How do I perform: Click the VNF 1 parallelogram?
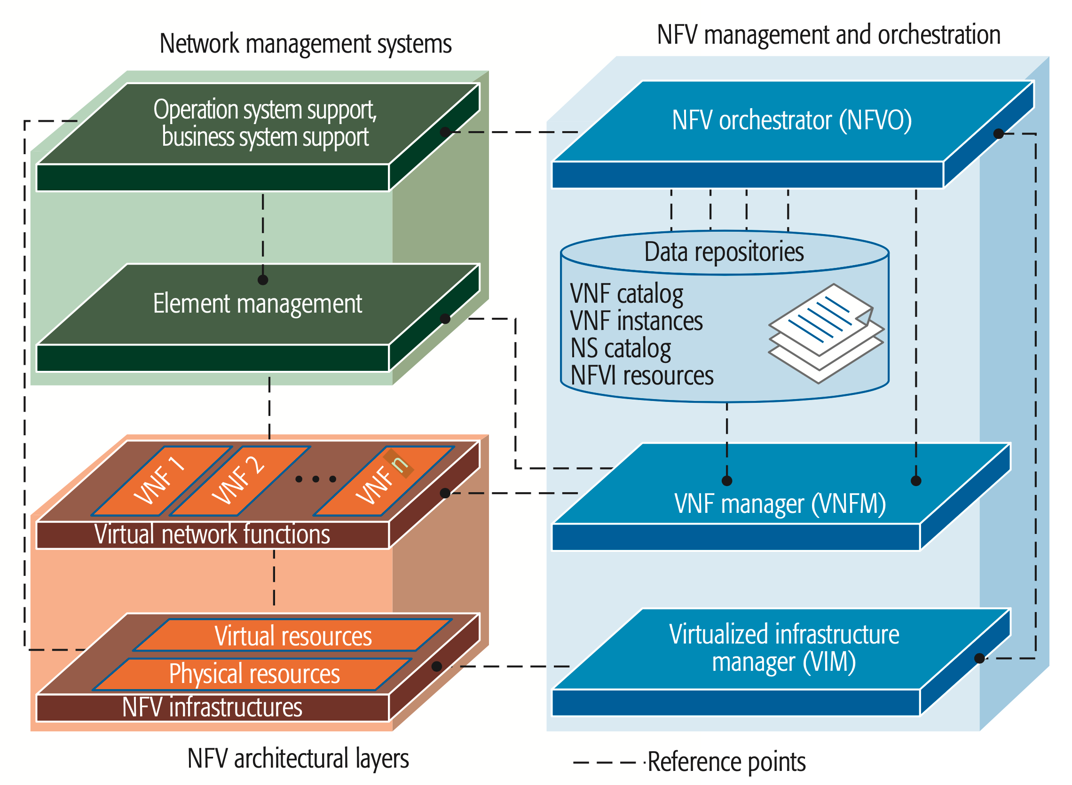161,481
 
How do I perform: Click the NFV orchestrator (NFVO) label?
792,120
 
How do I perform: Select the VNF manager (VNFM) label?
780,504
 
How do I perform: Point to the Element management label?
257,304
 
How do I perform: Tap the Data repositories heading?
724,252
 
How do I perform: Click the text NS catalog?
620,348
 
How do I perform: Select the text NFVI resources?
641,376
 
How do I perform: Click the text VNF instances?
636,321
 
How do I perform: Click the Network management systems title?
305,44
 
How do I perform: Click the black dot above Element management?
263,280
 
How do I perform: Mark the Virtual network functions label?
212,534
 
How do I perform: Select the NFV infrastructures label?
212,707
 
